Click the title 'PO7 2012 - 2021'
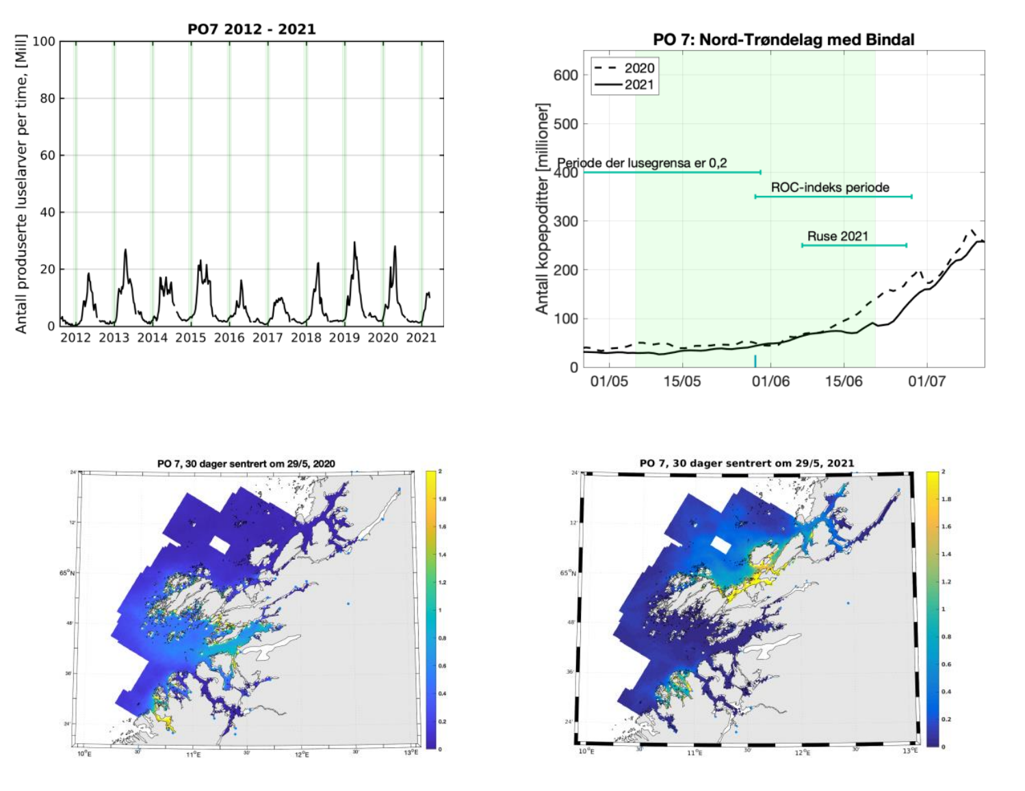coord(252,29)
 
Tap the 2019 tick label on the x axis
coord(344,337)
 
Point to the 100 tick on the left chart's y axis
coord(44,42)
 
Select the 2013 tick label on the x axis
coord(114,337)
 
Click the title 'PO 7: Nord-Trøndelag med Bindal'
coord(783,39)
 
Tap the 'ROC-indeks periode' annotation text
coord(830,187)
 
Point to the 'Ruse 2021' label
coord(838,236)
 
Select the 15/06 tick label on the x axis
coord(844,381)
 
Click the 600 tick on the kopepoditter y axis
coord(566,75)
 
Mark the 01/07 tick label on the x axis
coord(926,381)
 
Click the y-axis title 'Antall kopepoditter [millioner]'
coord(543,209)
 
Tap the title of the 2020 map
coord(246,463)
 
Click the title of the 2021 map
coord(747,463)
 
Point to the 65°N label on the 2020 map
coord(67,573)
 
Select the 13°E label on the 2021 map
coord(909,751)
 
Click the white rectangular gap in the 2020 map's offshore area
coord(220,545)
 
